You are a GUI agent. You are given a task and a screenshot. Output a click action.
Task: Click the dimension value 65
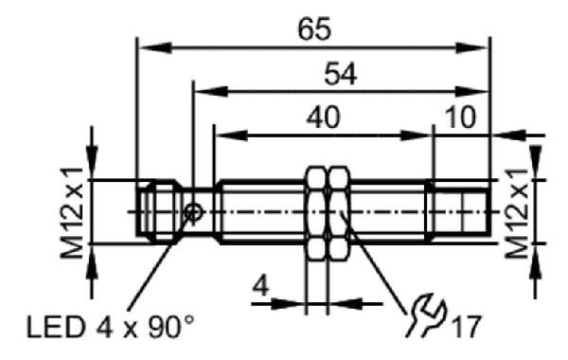click(x=314, y=29)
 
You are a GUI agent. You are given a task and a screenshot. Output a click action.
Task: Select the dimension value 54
click(x=340, y=74)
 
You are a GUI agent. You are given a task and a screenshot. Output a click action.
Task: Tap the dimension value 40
click(x=323, y=117)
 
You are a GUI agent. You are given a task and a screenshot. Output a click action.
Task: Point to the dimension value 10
click(x=460, y=117)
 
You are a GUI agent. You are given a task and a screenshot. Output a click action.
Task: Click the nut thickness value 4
click(x=260, y=286)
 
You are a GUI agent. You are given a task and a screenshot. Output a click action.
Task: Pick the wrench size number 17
click(x=467, y=326)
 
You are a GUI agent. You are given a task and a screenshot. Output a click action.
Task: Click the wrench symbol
click(x=426, y=315)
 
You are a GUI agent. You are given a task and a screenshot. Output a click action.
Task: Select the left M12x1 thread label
click(x=72, y=213)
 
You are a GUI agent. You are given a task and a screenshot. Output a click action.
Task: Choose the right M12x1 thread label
click(x=517, y=213)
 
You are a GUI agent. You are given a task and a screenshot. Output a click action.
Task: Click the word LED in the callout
click(x=55, y=328)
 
